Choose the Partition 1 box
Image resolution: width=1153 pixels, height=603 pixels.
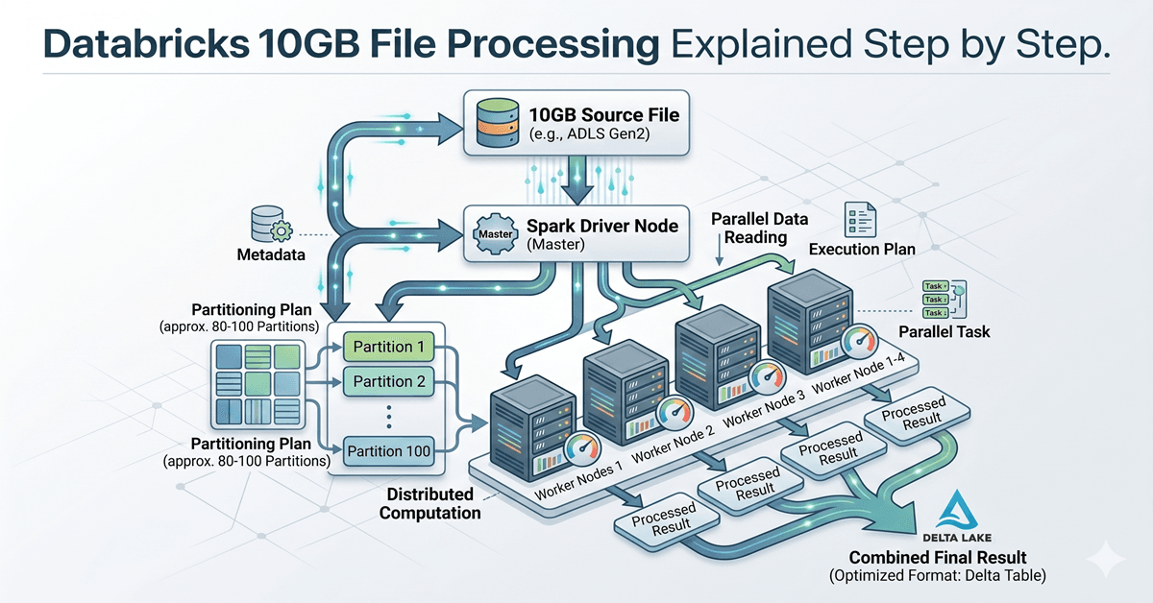[x=388, y=346]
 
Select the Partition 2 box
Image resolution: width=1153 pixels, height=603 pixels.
[x=388, y=381]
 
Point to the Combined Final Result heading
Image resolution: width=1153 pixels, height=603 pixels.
[x=937, y=557]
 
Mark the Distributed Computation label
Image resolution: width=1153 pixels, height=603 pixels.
[x=429, y=503]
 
